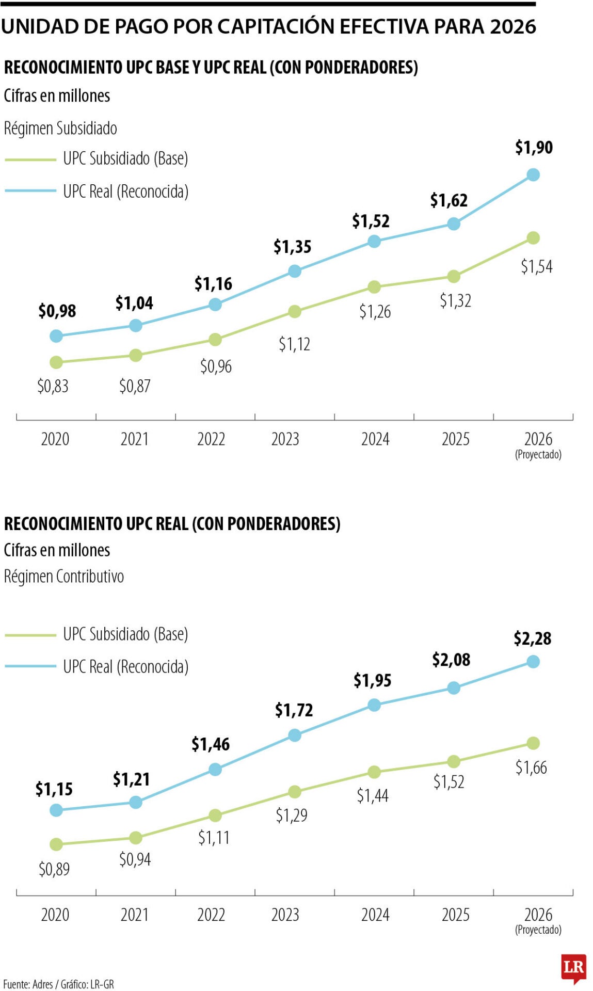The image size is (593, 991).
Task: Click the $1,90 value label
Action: [534, 148]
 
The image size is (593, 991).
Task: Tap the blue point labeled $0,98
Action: [56, 336]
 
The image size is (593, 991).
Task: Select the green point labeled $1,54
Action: [533, 238]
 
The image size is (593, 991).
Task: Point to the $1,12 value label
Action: [294, 344]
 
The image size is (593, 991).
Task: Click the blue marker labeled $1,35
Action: [294, 271]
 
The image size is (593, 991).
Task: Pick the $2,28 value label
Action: [532, 638]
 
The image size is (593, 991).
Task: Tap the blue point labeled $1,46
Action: [215, 770]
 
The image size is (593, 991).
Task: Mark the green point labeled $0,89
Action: [56, 844]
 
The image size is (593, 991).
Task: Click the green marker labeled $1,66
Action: [533, 743]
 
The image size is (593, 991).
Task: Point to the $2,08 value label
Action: [451, 660]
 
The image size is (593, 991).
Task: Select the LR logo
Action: [573, 967]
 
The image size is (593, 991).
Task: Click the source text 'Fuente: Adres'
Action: [28, 984]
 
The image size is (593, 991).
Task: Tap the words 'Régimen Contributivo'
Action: [64, 576]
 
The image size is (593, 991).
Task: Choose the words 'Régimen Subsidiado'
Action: [60, 128]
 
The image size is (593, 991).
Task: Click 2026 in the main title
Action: [512, 26]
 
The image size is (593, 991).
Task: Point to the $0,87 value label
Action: [135, 386]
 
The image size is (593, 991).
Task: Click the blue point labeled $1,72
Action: [294, 735]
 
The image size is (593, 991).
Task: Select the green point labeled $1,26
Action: [374, 287]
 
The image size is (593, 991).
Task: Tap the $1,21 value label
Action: [131, 779]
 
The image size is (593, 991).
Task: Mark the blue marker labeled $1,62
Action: [454, 224]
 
